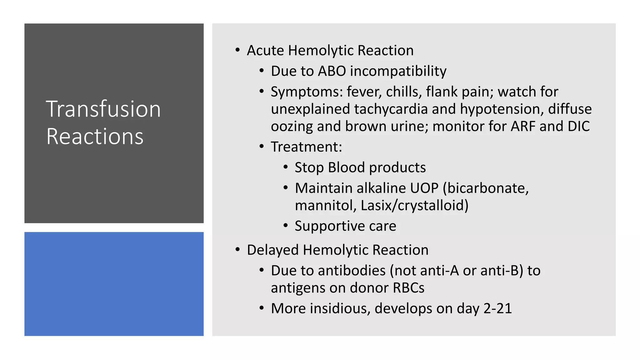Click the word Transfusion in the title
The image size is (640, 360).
click(x=103, y=109)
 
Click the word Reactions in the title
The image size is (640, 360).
click(x=95, y=137)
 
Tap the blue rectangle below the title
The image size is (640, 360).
click(x=114, y=284)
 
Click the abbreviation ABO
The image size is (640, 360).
click(x=332, y=71)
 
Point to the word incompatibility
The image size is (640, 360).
click(x=398, y=72)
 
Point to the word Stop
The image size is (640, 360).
click(x=309, y=168)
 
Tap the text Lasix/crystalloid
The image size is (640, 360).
click(x=414, y=206)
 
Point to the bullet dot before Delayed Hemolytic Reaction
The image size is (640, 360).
click(x=238, y=249)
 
